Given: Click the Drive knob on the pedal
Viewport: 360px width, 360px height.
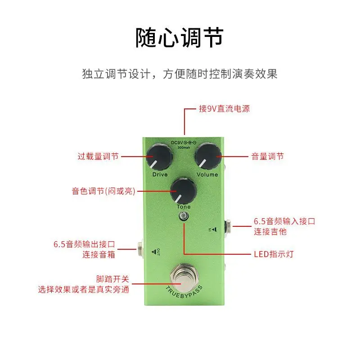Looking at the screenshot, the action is coord(159,157).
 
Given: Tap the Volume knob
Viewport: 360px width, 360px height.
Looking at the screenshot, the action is coord(208,157).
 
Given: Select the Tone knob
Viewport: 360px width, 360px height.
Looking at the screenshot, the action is coord(184,190).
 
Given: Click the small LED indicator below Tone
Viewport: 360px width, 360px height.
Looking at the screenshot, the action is coord(184,216).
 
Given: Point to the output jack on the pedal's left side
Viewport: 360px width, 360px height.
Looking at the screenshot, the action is coord(140,249).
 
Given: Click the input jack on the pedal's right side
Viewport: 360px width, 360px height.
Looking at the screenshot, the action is coord(228,227).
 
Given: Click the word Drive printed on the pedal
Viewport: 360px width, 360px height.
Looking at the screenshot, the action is coord(160,175).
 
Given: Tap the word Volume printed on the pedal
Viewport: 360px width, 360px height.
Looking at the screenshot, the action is coord(207,175).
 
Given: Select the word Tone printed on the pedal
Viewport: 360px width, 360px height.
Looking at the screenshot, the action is coord(184,207).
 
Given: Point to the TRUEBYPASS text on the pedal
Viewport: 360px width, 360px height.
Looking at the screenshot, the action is coord(184,292).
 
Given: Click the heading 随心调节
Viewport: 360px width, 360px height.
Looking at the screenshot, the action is coord(180,37).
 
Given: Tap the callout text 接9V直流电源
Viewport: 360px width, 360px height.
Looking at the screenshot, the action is coord(224,108).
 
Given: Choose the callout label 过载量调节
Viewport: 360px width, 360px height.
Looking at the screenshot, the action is coord(98,156).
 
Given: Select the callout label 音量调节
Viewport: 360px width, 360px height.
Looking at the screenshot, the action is coord(267,156).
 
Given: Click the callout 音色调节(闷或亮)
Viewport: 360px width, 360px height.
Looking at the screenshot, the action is coord(103,191).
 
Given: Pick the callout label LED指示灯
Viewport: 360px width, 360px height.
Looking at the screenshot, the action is coord(274,254).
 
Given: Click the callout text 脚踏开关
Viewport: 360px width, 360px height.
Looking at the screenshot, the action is coord(112,279).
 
